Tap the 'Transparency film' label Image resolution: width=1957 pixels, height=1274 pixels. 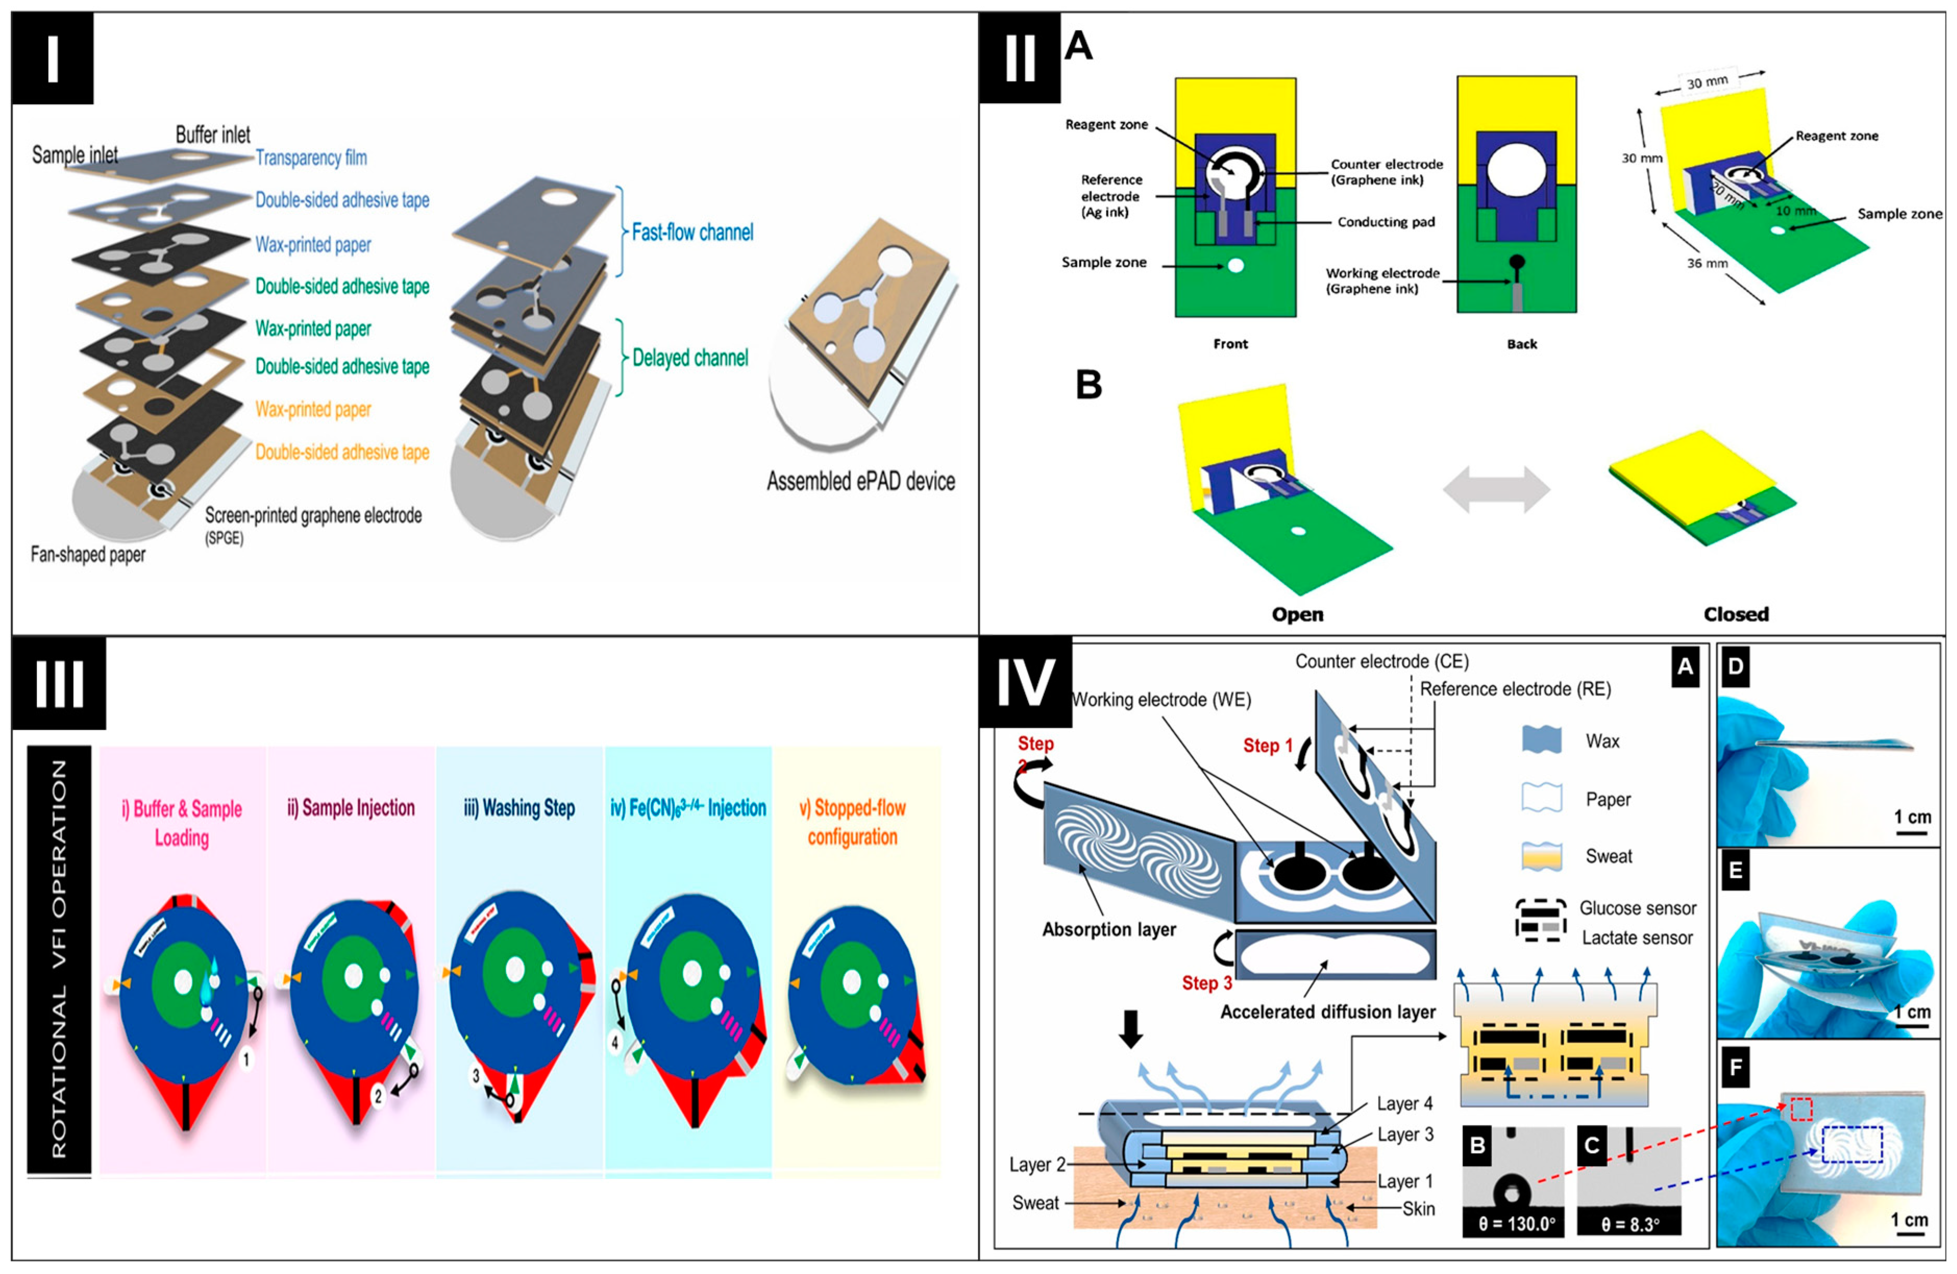click(x=311, y=158)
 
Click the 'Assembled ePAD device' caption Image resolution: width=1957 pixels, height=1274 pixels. click(x=860, y=481)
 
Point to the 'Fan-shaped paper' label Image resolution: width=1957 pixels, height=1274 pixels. click(x=88, y=554)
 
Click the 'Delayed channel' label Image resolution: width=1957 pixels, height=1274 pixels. click(x=690, y=358)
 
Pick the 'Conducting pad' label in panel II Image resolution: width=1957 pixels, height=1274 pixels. click(x=1385, y=222)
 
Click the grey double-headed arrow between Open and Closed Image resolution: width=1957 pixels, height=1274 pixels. click(x=1496, y=490)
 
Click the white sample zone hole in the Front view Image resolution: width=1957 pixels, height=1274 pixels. click(x=1234, y=266)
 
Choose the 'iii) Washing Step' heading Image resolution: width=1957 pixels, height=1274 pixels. click(x=519, y=808)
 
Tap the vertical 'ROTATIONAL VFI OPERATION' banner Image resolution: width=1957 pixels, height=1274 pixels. click(x=59, y=959)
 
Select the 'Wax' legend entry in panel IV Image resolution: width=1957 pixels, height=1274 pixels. click(x=1602, y=741)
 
